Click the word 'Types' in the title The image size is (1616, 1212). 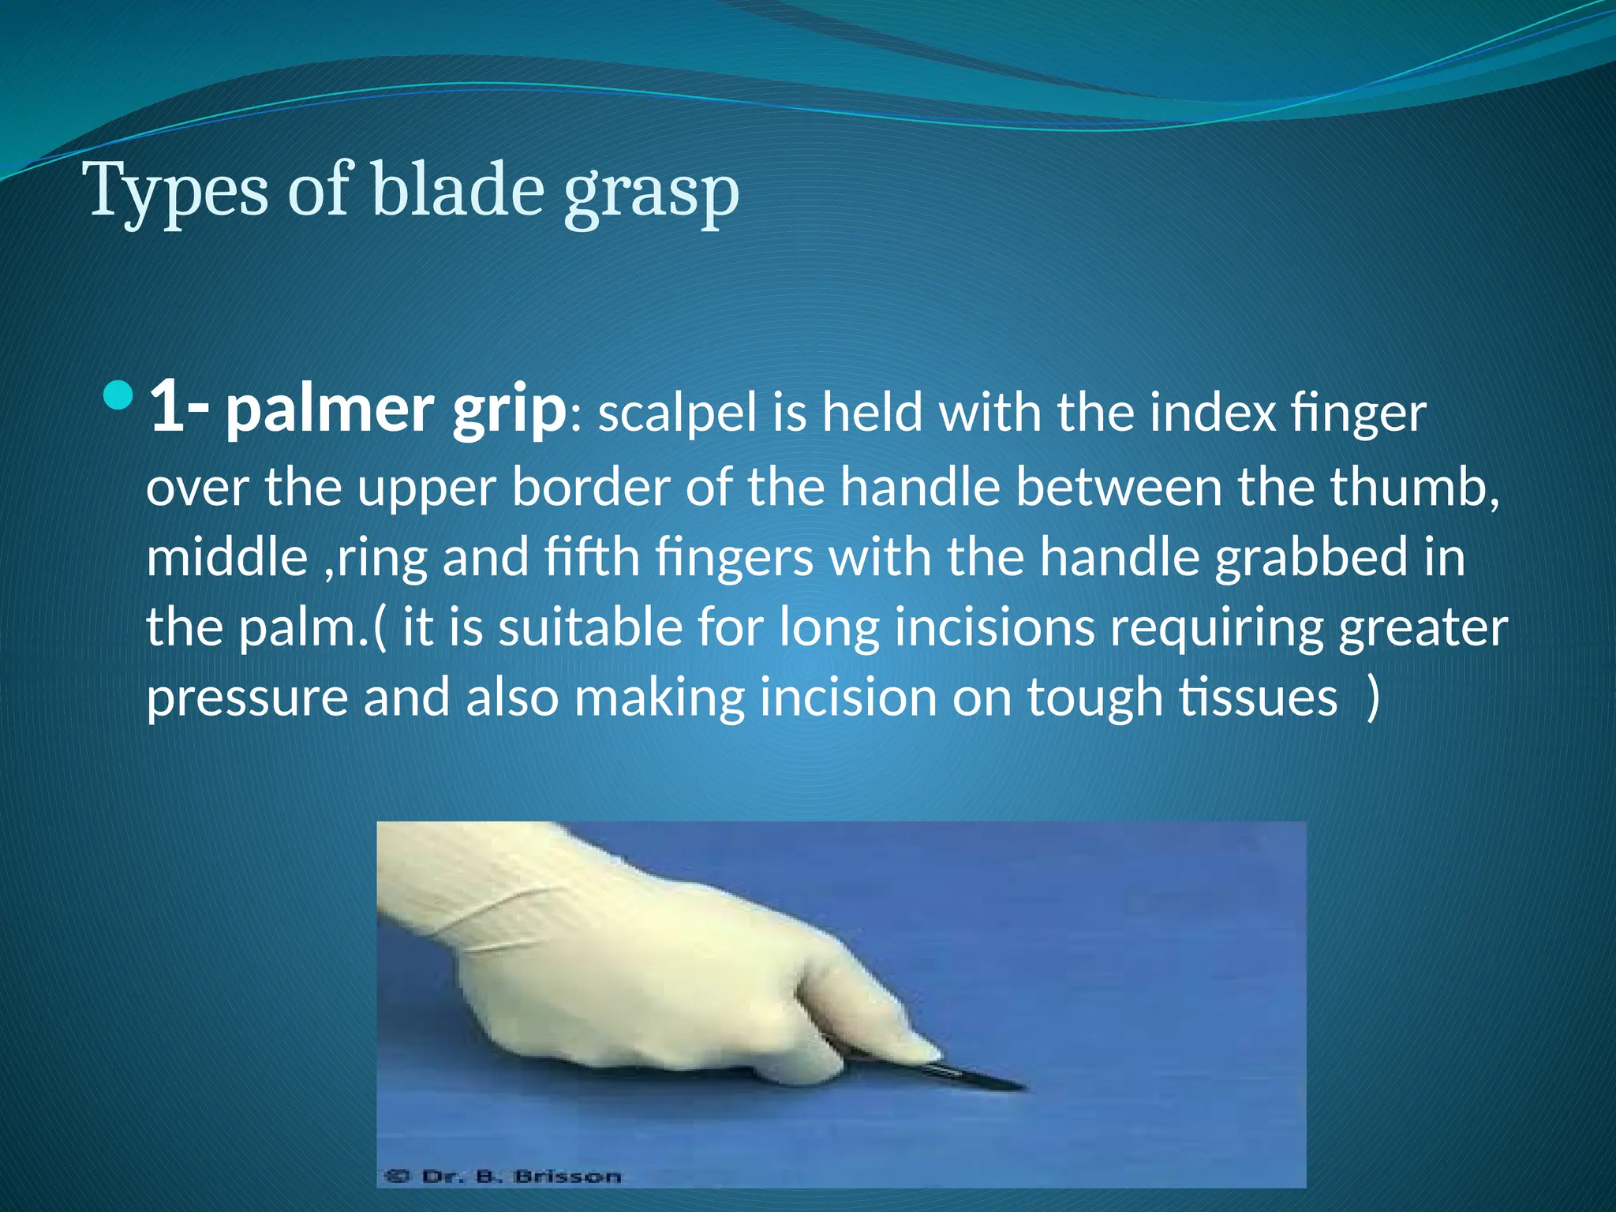coord(178,191)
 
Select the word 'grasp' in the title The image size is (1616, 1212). coord(651,193)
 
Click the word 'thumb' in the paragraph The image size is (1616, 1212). coord(1412,487)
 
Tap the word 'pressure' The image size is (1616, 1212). coord(247,699)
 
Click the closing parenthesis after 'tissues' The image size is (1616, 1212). coord(1373,698)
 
